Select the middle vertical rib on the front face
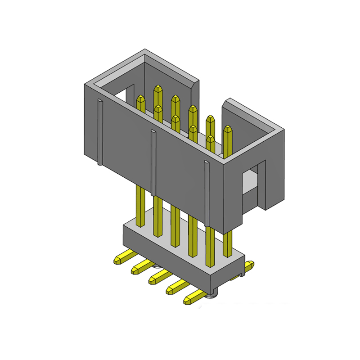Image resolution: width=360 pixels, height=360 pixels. pos(153,162)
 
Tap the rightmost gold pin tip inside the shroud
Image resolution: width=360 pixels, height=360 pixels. pos(229,130)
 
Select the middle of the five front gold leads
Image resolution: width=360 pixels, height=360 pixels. pos(158,275)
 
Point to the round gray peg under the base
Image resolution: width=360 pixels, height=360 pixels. pos(212,295)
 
